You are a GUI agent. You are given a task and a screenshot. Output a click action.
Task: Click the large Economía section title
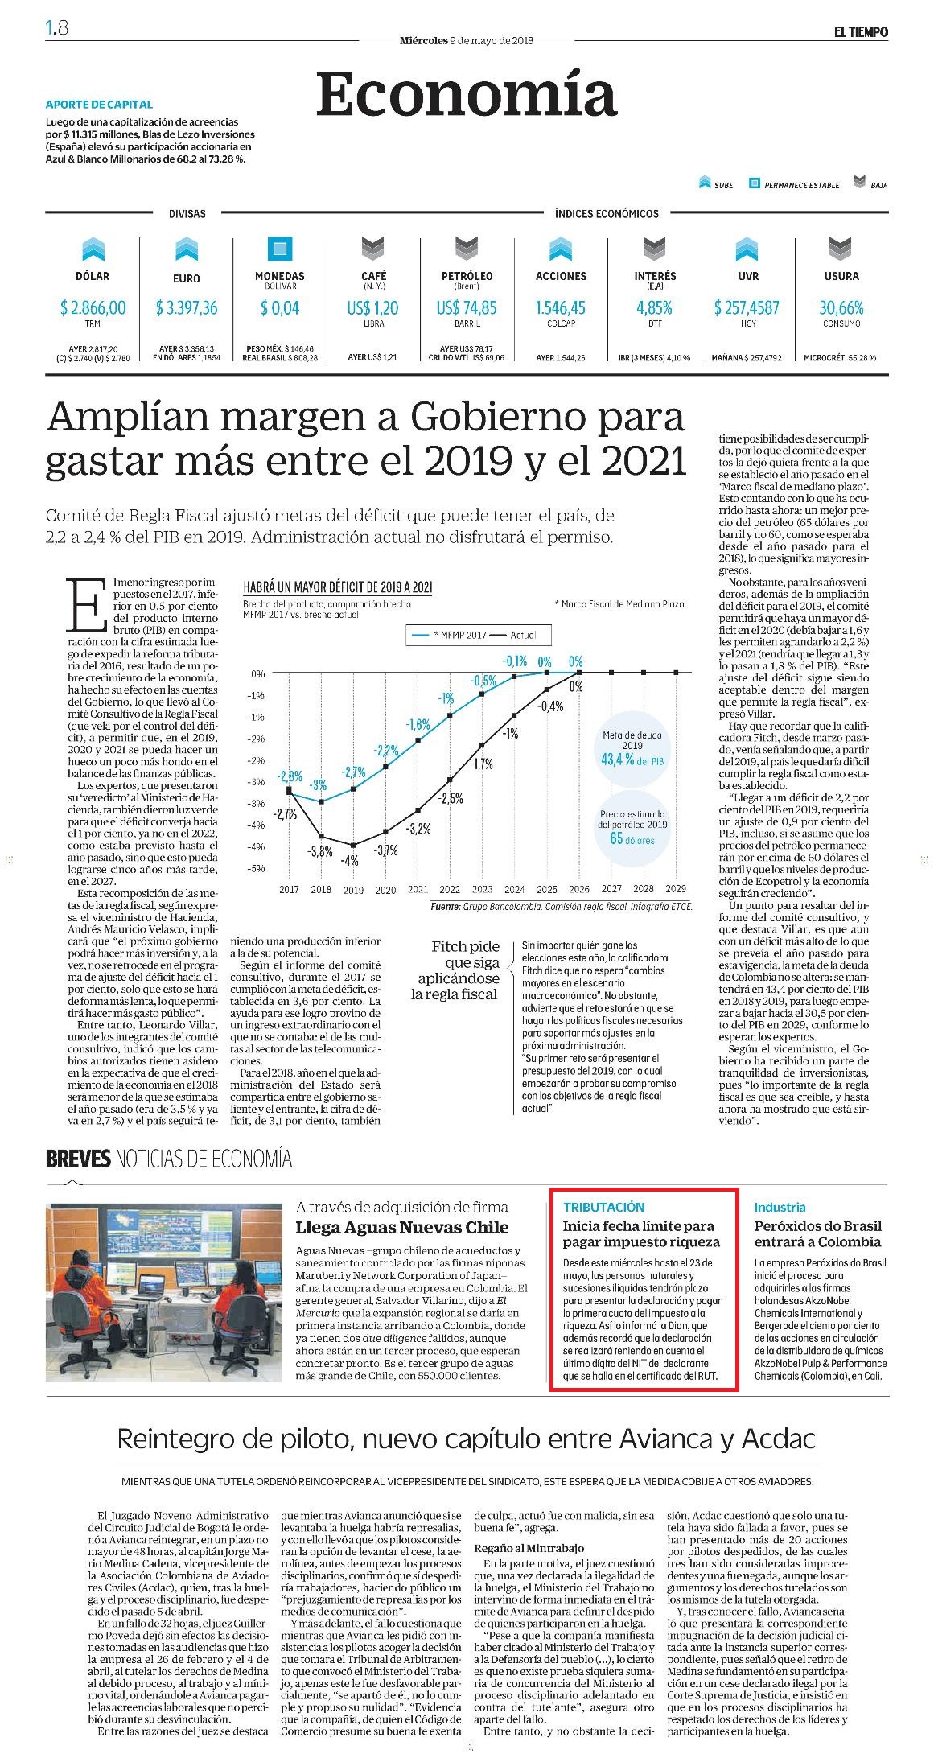pos(467,95)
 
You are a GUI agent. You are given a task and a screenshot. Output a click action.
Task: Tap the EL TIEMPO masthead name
pos(860,32)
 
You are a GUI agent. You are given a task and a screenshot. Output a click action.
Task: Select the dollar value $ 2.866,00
pos(93,307)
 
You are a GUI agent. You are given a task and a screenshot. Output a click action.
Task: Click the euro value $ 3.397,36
pos(187,307)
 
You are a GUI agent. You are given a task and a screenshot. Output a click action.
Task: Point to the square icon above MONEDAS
pos(280,249)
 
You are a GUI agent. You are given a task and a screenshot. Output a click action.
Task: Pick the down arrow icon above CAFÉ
pos(373,249)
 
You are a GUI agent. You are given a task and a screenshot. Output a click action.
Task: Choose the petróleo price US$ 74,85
pos(467,307)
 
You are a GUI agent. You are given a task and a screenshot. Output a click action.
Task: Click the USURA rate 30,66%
pos(841,307)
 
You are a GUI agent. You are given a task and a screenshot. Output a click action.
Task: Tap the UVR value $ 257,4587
pos(747,307)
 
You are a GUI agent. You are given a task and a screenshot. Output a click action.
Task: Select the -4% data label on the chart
pos(351,860)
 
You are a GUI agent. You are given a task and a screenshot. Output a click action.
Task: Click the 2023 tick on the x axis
pos(482,889)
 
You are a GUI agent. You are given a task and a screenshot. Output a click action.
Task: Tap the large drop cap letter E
pos(85,604)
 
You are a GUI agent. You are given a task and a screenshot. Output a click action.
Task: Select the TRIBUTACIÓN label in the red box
pos(603,1207)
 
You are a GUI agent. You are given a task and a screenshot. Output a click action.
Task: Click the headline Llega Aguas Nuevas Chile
pos(402,1228)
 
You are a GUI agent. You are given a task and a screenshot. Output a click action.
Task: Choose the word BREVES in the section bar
pos(78,1159)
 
